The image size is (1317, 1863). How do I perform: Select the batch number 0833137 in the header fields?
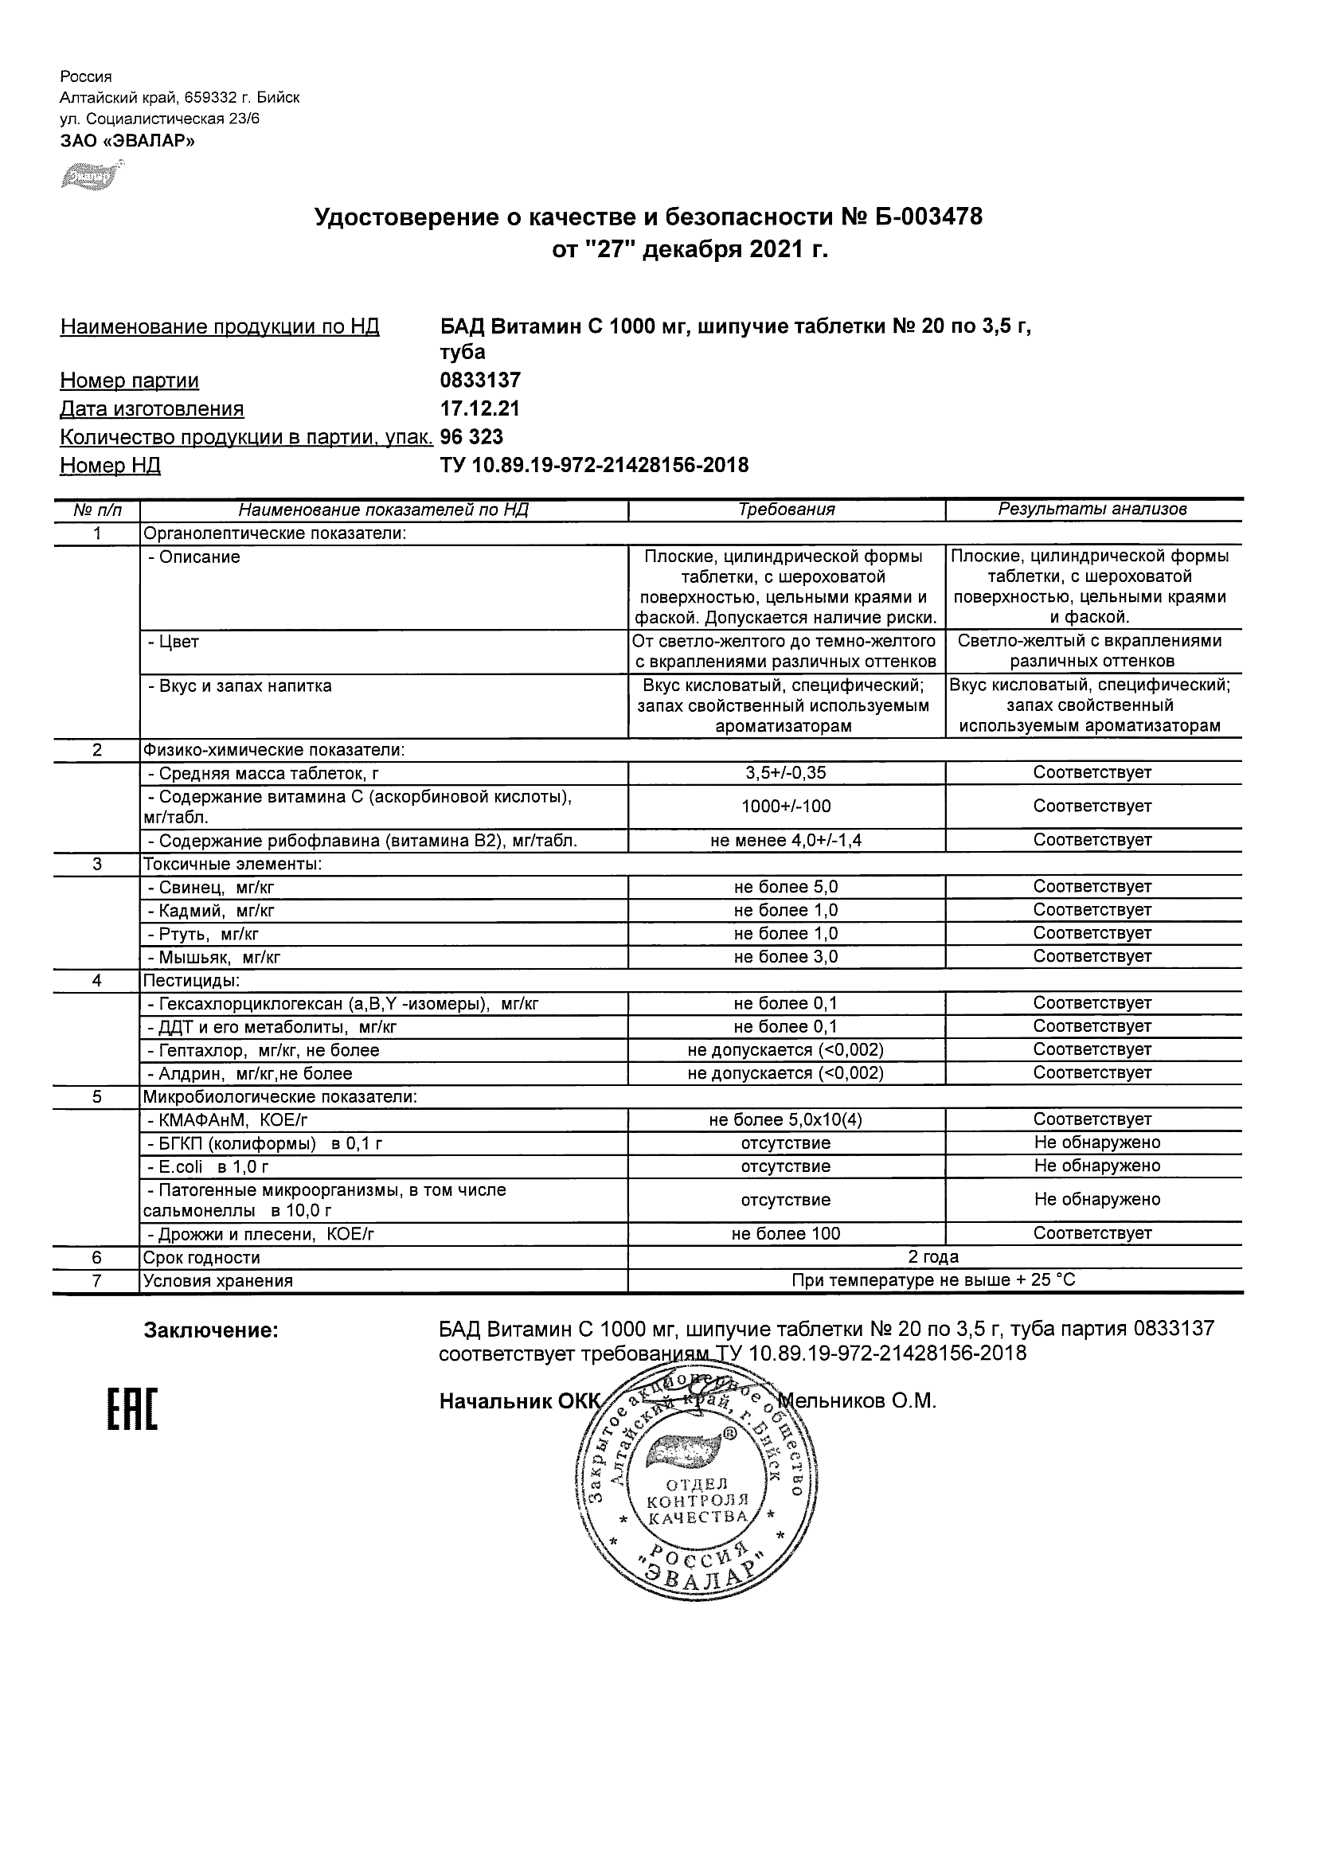pyautogui.click(x=479, y=381)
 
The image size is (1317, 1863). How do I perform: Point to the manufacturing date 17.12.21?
pyautogui.click(x=479, y=409)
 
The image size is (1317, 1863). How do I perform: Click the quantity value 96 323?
pyautogui.click(x=471, y=437)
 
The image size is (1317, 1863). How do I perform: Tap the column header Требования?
pyautogui.click(x=787, y=510)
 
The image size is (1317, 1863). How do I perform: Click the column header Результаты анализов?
pyautogui.click(x=1092, y=510)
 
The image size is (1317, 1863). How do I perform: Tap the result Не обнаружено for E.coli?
pyautogui.click(x=1097, y=1166)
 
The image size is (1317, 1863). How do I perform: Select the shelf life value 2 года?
pyautogui.click(x=933, y=1258)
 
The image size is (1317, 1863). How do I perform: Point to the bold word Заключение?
pyautogui.click(x=211, y=1330)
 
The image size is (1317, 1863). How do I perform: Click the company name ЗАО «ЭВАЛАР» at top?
pyautogui.click(x=127, y=141)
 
